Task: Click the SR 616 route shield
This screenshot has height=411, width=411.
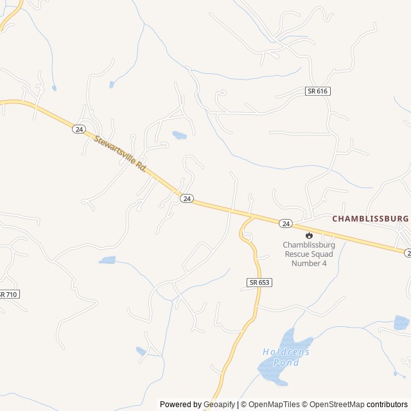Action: tap(317, 91)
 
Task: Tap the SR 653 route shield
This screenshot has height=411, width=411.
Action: tap(259, 282)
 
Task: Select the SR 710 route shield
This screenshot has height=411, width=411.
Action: tap(8, 294)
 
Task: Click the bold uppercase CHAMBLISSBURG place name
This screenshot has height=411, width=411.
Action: tap(371, 219)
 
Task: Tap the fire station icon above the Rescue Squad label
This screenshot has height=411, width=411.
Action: tap(309, 235)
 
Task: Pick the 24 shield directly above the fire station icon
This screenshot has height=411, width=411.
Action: tap(286, 223)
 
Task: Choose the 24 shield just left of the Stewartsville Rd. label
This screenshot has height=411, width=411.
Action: tap(79, 129)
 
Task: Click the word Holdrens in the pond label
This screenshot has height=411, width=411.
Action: tap(286, 352)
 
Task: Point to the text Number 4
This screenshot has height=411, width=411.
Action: tap(309, 263)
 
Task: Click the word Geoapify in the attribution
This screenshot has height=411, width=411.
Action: tap(220, 405)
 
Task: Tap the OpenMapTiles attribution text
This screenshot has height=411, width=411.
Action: tap(275, 405)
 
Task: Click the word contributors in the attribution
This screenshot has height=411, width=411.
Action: tap(387, 405)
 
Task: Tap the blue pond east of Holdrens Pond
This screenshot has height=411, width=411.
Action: tap(401, 322)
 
